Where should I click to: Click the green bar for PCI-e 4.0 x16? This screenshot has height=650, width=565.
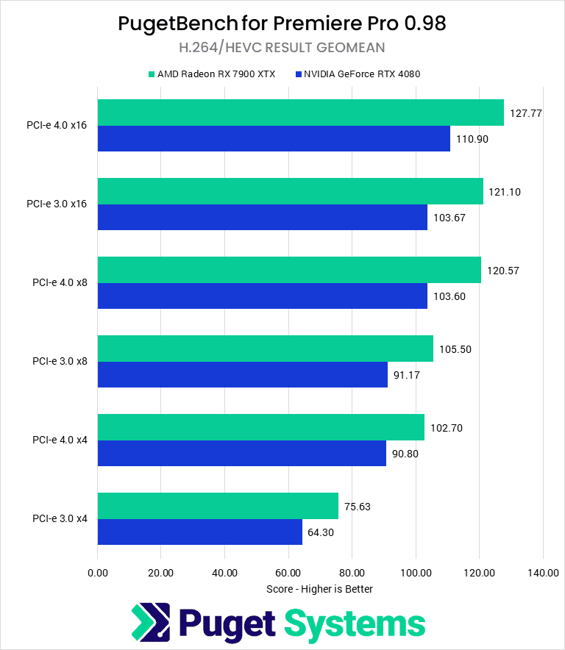click(x=300, y=113)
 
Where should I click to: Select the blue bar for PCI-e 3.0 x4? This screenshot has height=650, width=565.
click(x=199, y=532)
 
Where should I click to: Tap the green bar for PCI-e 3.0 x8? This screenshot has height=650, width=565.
click(x=265, y=349)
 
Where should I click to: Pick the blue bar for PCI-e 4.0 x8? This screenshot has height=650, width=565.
click(x=262, y=296)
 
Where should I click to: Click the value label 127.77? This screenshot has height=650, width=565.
click(x=525, y=113)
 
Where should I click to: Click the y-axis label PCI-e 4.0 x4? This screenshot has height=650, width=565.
click(x=60, y=440)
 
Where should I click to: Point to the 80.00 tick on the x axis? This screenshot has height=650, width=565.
click(x=352, y=573)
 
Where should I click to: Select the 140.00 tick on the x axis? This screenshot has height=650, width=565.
click(x=542, y=573)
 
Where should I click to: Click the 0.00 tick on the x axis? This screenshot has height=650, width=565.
click(x=97, y=573)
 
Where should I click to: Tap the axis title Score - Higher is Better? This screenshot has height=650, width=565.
click(x=319, y=589)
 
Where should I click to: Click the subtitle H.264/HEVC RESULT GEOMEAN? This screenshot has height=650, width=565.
click(x=282, y=48)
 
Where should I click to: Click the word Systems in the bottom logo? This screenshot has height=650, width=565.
click(x=355, y=624)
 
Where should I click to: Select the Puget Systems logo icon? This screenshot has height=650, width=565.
click(x=151, y=624)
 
